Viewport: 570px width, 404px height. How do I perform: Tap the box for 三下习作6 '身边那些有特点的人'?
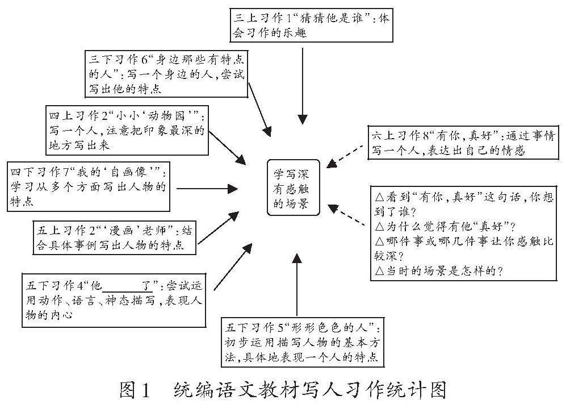(x=167, y=73)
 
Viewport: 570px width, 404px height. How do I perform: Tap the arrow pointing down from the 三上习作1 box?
(x=303, y=85)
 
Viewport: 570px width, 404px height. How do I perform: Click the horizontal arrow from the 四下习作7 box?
(x=207, y=188)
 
